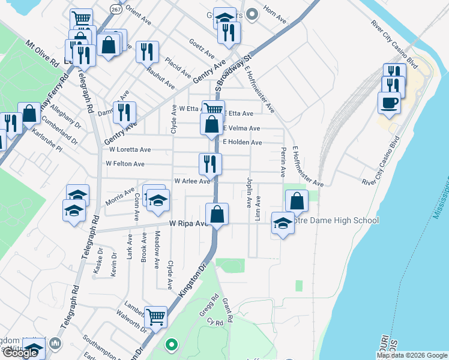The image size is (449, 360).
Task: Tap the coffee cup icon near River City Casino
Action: tap(389, 102)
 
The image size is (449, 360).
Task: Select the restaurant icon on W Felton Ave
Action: tap(210, 163)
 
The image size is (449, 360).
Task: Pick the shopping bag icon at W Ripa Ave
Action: tap(217, 214)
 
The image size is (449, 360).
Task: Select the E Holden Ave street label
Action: tap(243, 143)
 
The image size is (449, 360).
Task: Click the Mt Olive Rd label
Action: tap(42, 53)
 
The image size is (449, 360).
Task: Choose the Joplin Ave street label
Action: tap(249, 192)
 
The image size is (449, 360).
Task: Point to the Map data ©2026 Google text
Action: tap(412, 355)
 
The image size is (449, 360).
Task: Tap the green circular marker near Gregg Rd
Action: tap(172, 345)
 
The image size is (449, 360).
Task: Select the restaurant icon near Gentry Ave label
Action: tap(124, 112)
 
